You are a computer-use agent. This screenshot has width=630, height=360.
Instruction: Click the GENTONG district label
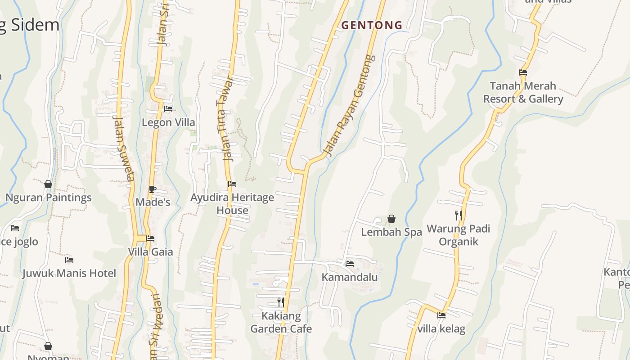click(372, 25)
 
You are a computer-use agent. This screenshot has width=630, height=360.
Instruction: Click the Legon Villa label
click(168, 122)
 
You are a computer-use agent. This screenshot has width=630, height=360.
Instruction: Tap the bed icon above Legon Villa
click(168, 109)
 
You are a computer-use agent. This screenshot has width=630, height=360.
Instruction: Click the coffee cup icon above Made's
click(153, 189)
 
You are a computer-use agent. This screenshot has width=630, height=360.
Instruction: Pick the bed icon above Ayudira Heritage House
click(232, 184)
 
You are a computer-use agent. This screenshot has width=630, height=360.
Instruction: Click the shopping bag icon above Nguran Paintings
click(48, 184)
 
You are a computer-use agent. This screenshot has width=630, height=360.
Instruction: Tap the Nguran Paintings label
click(48, 198)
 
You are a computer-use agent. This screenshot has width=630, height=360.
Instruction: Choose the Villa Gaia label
click(150, 252)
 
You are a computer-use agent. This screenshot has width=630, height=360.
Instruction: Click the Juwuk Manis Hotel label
click(69, 273)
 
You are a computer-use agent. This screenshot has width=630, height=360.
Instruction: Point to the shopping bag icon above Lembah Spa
click(391, 219)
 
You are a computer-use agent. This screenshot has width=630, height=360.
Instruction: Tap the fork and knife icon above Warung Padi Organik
click(458, 216)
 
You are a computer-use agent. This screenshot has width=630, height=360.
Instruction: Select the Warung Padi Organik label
click(458, 235)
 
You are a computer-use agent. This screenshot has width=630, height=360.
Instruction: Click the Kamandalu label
click(350, 277)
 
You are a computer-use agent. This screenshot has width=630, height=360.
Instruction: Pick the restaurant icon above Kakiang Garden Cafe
click(281, 302)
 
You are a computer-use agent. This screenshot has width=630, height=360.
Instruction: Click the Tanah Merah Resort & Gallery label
click(523, 92)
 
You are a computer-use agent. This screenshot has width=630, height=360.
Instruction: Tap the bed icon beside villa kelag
click(441, 315)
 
